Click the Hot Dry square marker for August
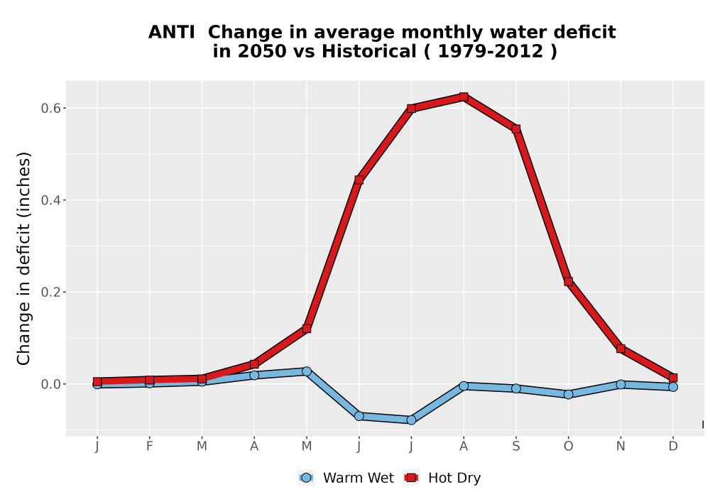[463, 97]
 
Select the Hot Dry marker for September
[515, 129]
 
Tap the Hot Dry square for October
[568, 282]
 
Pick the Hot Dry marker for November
[621, 349]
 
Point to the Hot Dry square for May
[307, 329]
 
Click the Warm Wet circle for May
[307, 371]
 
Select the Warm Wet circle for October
[568, 394]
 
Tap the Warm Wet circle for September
[515, 388]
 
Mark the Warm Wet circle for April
[254, 376]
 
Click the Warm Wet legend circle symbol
[306, 478]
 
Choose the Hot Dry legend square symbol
[411, 478]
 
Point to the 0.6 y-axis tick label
[50, 108]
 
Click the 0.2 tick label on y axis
[50, 292]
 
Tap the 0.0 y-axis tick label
[50, 384]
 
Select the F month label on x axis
[149, 447]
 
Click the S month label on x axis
[515, 447]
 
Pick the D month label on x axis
[673, 447]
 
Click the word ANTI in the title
[172, 32]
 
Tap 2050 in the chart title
[262, 51]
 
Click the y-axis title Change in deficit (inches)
[23, 258]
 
